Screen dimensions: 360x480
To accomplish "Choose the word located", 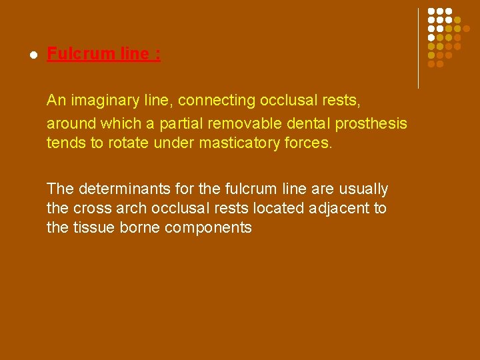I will (280, 209).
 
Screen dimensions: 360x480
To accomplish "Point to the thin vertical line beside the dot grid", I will (418, 48).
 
